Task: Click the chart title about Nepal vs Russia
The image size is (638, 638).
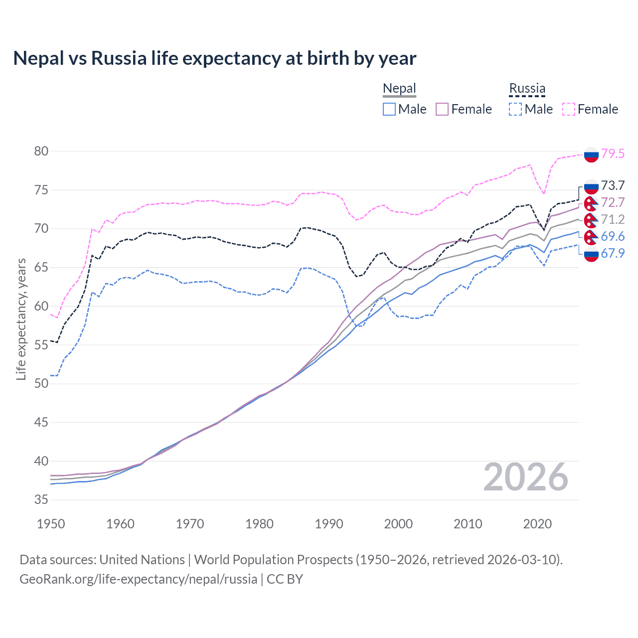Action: [214, 58]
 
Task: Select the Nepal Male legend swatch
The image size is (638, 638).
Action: [389, 109]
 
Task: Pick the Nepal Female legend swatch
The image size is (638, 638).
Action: [442, 109]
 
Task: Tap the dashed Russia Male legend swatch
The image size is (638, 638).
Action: [515, 109]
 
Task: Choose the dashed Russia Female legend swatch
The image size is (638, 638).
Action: [569, 109]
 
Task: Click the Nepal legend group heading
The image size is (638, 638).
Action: [399, 89]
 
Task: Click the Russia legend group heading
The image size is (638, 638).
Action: [527, 89]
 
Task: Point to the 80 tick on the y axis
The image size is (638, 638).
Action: [41, 151]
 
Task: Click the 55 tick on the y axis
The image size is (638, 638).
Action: [41, 345]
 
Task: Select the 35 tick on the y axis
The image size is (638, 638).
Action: [41, 500]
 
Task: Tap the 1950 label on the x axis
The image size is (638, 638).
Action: [51, 524]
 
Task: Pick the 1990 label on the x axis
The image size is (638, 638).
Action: [329, 524]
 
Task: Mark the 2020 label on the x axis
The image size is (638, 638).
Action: [537, 524]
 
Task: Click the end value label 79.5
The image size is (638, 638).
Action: [613, 154]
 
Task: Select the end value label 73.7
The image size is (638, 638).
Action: [613, 186]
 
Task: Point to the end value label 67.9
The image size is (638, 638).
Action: [613, 253]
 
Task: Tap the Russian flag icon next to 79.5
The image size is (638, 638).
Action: [591, 155]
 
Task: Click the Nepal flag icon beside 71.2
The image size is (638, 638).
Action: [591, 220]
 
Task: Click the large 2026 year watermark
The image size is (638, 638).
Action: [526, 477]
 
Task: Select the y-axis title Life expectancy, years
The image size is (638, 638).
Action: [21, 319]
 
